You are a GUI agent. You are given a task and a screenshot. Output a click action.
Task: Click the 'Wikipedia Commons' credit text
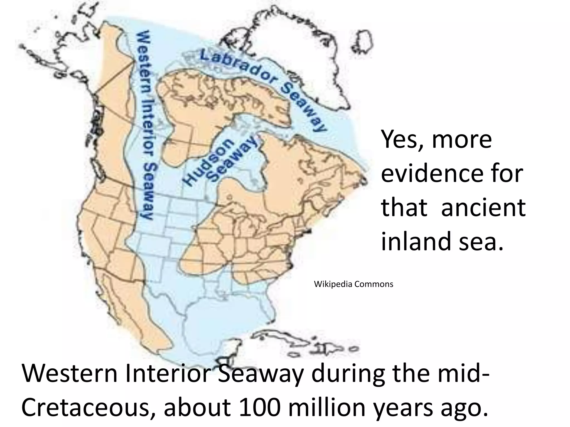(x=353, y=284)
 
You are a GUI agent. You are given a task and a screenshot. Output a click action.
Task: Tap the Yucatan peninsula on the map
(x=231, y=347)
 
